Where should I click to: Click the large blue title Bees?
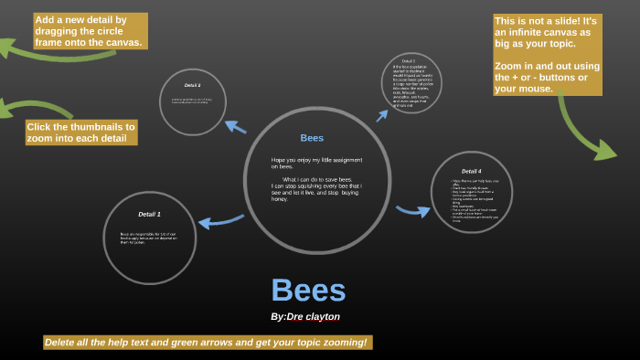308,291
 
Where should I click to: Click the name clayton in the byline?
321,316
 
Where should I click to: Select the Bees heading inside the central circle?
312,138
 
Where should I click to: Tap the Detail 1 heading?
149,214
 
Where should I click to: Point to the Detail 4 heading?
471,171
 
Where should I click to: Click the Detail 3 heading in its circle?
408,61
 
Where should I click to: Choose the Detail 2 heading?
192,85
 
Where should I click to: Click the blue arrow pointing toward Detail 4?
413,211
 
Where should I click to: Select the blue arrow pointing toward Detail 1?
220,220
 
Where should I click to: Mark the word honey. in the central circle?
280,199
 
